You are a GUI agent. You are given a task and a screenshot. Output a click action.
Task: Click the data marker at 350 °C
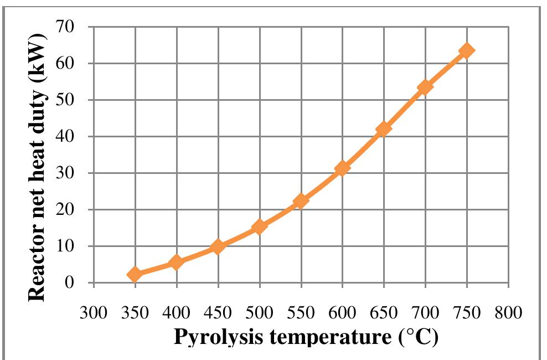[x=135, y=274]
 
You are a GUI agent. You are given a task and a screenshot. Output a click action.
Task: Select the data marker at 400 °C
[x=176, y=263]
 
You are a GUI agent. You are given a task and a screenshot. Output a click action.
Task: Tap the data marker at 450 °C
[x=218, y=246]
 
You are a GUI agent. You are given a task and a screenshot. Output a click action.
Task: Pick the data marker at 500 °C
[x=259, y=227]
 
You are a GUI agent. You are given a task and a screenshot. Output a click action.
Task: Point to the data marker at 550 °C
[x=301, y=201]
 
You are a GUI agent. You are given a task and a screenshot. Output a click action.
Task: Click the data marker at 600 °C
[x=342, y=168]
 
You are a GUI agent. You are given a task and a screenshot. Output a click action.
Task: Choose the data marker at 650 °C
[x=384, y=129]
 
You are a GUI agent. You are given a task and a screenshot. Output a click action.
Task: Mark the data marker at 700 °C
[x=425, y=88]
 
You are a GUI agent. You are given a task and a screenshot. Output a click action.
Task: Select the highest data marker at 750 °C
[x=467, y=51]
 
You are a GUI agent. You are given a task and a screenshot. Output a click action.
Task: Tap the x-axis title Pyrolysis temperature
[x=306, y=337]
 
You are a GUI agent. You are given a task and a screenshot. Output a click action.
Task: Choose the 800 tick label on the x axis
[x=508, y=313]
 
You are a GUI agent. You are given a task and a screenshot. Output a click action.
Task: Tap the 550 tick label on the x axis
[x=301, y=313]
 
